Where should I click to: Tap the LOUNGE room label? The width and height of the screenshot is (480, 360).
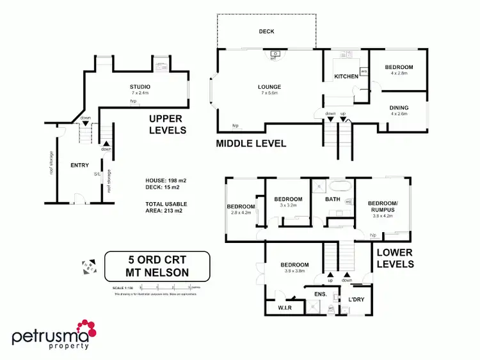pyautogui.click(x=269, y=87)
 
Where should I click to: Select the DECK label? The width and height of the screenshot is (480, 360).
pyautogui.click(x=266, y=31)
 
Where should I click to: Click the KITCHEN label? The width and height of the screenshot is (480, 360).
pyautogui.click(x=346, y=77)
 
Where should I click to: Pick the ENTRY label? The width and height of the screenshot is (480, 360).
pyautogui.click(x=79, y=166)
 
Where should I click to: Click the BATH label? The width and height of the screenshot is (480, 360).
pyautogui.click(x=333, y=200)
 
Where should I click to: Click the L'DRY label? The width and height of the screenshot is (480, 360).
pyautogui.click(x=356, y=299)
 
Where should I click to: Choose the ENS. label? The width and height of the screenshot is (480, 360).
pyautogui.click(x=320, y=294)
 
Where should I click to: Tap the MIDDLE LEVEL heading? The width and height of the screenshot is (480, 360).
pyautogui.click(x=250, y=143)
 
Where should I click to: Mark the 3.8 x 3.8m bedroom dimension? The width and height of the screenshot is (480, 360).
pyautogui.click(x=294, y=272)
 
